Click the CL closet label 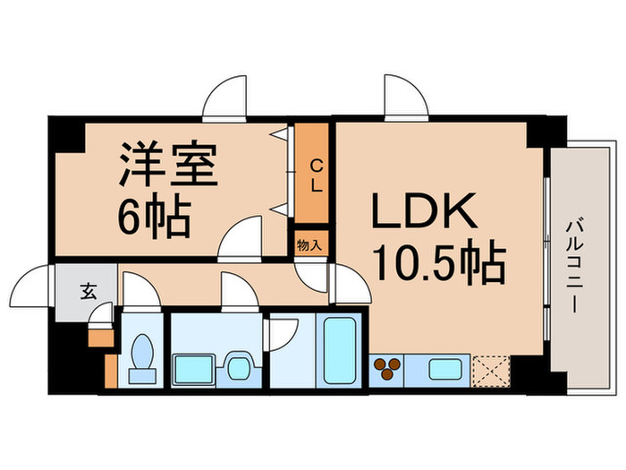tap(316, 175)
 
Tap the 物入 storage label tap(309, 244)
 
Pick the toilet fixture tap(141, 355)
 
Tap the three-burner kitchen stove tap(388, 368)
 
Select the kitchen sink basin tap(444, 368)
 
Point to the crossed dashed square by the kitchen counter tap(491, 369)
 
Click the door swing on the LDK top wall tap(405, 96)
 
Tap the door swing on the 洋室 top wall tap(223, 97)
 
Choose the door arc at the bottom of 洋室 tap(240, 239)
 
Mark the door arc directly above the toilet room tap(140, 292)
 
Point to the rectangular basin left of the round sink tap(193, 368)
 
